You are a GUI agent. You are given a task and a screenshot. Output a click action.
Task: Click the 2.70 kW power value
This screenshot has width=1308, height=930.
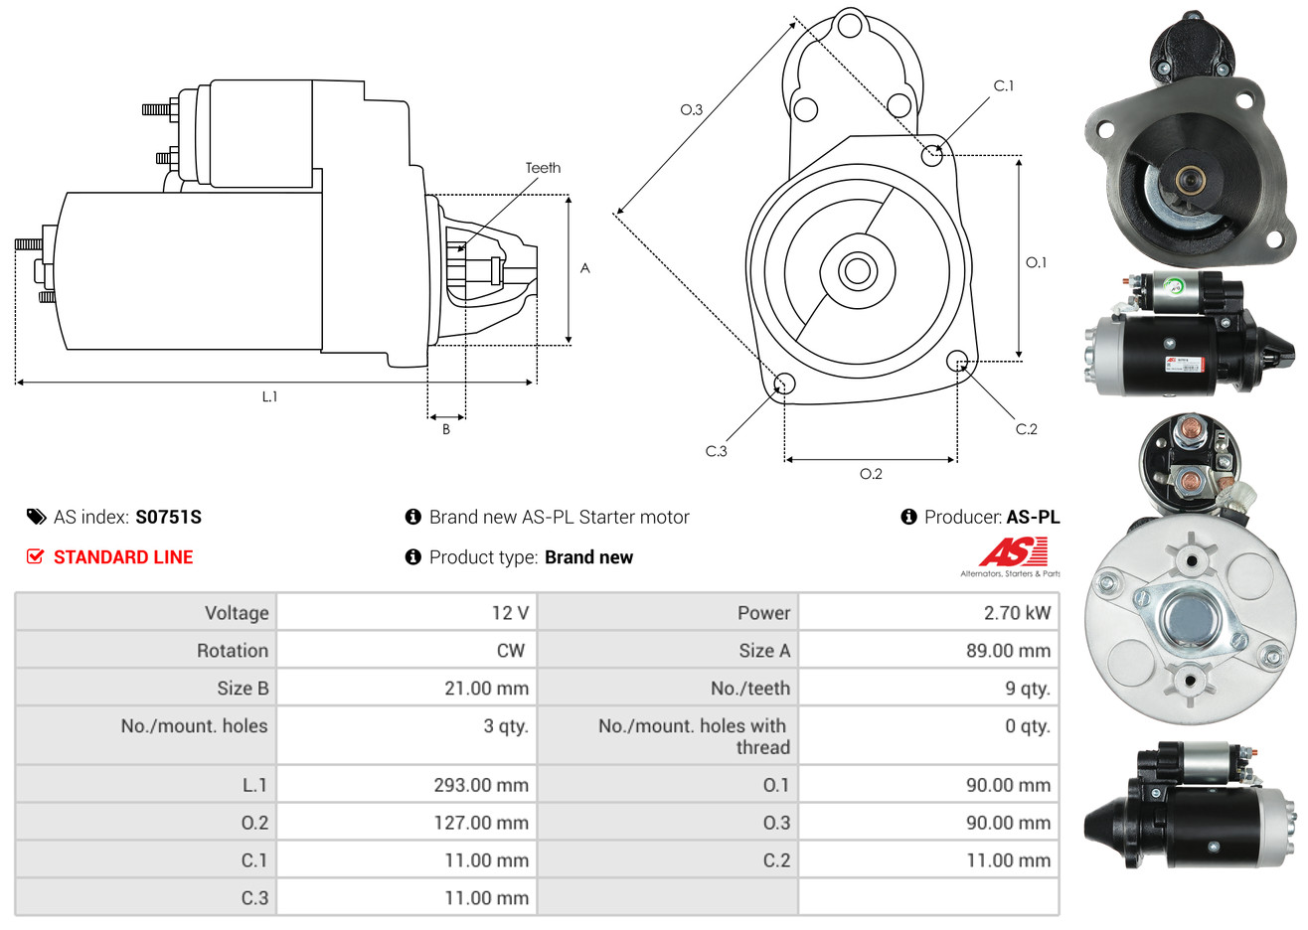[1017, 612]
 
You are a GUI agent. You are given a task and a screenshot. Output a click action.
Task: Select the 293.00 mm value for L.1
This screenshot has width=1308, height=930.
[481, 785]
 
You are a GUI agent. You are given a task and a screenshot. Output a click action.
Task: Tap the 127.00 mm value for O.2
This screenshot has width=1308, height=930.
[481, 823]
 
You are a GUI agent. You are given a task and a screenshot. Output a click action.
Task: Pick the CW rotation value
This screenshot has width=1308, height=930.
[510, 651]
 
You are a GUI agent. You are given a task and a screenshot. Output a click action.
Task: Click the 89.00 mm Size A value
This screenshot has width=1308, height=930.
[1008, 651]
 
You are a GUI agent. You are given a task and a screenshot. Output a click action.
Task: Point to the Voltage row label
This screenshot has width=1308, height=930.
[237, 613]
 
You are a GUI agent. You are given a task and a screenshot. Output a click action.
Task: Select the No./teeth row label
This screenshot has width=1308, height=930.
[750, 689]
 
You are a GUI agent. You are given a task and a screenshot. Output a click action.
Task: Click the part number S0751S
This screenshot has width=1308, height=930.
[168, 518]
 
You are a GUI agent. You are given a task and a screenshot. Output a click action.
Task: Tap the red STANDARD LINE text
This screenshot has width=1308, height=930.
[123, 557]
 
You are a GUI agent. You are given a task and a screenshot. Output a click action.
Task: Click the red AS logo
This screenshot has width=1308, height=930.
[1013, 551]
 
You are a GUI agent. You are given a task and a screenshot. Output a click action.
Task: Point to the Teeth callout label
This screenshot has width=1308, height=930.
[543, 168]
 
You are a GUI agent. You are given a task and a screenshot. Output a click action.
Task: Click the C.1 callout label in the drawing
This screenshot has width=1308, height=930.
[1003, 85]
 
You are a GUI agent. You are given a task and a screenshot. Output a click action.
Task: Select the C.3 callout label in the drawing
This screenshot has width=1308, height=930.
[716, 451]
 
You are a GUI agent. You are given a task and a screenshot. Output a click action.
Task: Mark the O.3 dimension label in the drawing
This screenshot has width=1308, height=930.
[692, 109]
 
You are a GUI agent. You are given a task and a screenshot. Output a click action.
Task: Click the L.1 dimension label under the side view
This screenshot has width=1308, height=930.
[269, 397]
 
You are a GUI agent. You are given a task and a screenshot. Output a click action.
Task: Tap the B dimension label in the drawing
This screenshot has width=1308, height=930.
[446, 429]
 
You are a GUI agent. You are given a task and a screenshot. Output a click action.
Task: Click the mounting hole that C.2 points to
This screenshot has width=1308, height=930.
[956, 361]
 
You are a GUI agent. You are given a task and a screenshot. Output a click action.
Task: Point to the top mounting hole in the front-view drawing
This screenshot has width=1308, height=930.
[850, 26]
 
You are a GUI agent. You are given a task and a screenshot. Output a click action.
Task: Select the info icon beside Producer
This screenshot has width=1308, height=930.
[908, 517]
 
